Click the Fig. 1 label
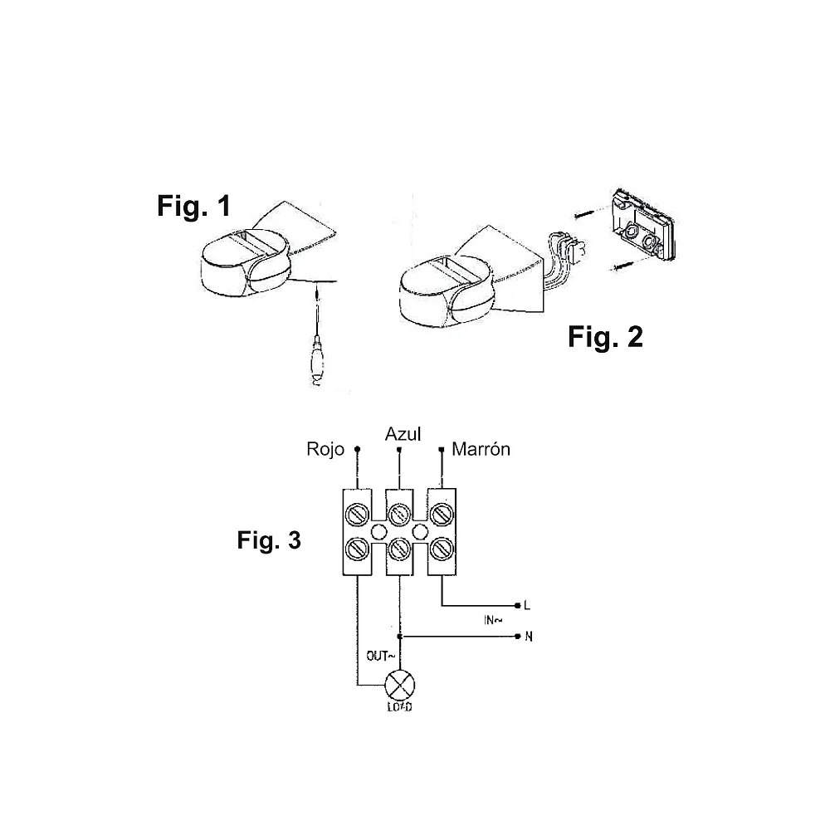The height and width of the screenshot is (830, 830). pyautogui.click(x=193, y=206)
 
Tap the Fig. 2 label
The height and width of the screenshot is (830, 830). pyautogui.click(x=605, y=337)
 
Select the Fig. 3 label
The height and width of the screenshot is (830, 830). pyautogui.click(x=269, y=540)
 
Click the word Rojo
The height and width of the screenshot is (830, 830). pyautogui.click(x=325, y=449)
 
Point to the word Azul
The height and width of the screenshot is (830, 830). pyautogui.click(x=403, y=434)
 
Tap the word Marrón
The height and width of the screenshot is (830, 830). pyautogui.click(x=481, y=449)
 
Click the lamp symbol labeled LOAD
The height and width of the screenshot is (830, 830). pyautogui.click(x=400, y=685)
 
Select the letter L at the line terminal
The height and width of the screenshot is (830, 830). pyautogui.click(x=527, y=605)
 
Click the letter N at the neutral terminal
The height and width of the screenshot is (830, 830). pyautogui.click(x=528, y=637)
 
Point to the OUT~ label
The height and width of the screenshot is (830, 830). pyautogui.click(x=381, y=656)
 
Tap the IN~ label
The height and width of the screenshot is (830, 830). pyautogui.click(x=493, y=620)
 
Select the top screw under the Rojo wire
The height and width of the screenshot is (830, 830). pyautogui.click(x=357, y=514)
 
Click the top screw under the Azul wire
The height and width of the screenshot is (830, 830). pyautogui.click(x=399, y=514)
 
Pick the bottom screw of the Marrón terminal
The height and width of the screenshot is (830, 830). pyautogui.click(x=442, y=549)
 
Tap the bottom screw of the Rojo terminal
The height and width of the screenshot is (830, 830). pyautogui.click(x=357, y=549)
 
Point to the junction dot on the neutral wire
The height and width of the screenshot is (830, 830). pyautogui.click(x=400, y=637)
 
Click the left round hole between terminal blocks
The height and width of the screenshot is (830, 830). pyautogui.click(x=378, y=531)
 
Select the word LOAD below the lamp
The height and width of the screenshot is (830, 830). pyautogui.click(x=400, y=707)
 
